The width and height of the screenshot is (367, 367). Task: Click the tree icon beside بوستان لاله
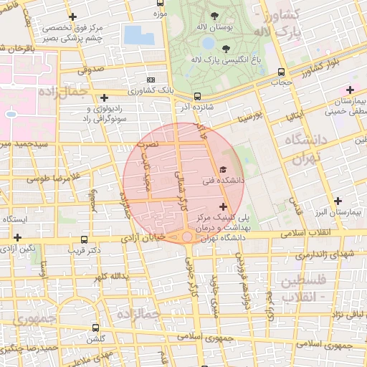click(215, 16)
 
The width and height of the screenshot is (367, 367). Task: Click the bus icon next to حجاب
click(280, 72)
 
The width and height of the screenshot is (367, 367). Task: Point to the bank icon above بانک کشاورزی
click(150, 80)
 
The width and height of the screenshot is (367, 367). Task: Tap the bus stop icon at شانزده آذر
click(197, 95)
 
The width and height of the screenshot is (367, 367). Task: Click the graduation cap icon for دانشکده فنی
click(222, 169)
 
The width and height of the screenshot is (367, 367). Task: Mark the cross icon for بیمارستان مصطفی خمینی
click(350, 90)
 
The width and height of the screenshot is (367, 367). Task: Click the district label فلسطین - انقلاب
click(305, 287)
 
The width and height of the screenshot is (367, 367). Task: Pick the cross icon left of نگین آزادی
click(18, 237)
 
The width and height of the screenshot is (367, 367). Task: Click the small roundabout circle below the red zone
click(186, 237)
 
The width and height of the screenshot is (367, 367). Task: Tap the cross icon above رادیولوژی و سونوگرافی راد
click(105, 97)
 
